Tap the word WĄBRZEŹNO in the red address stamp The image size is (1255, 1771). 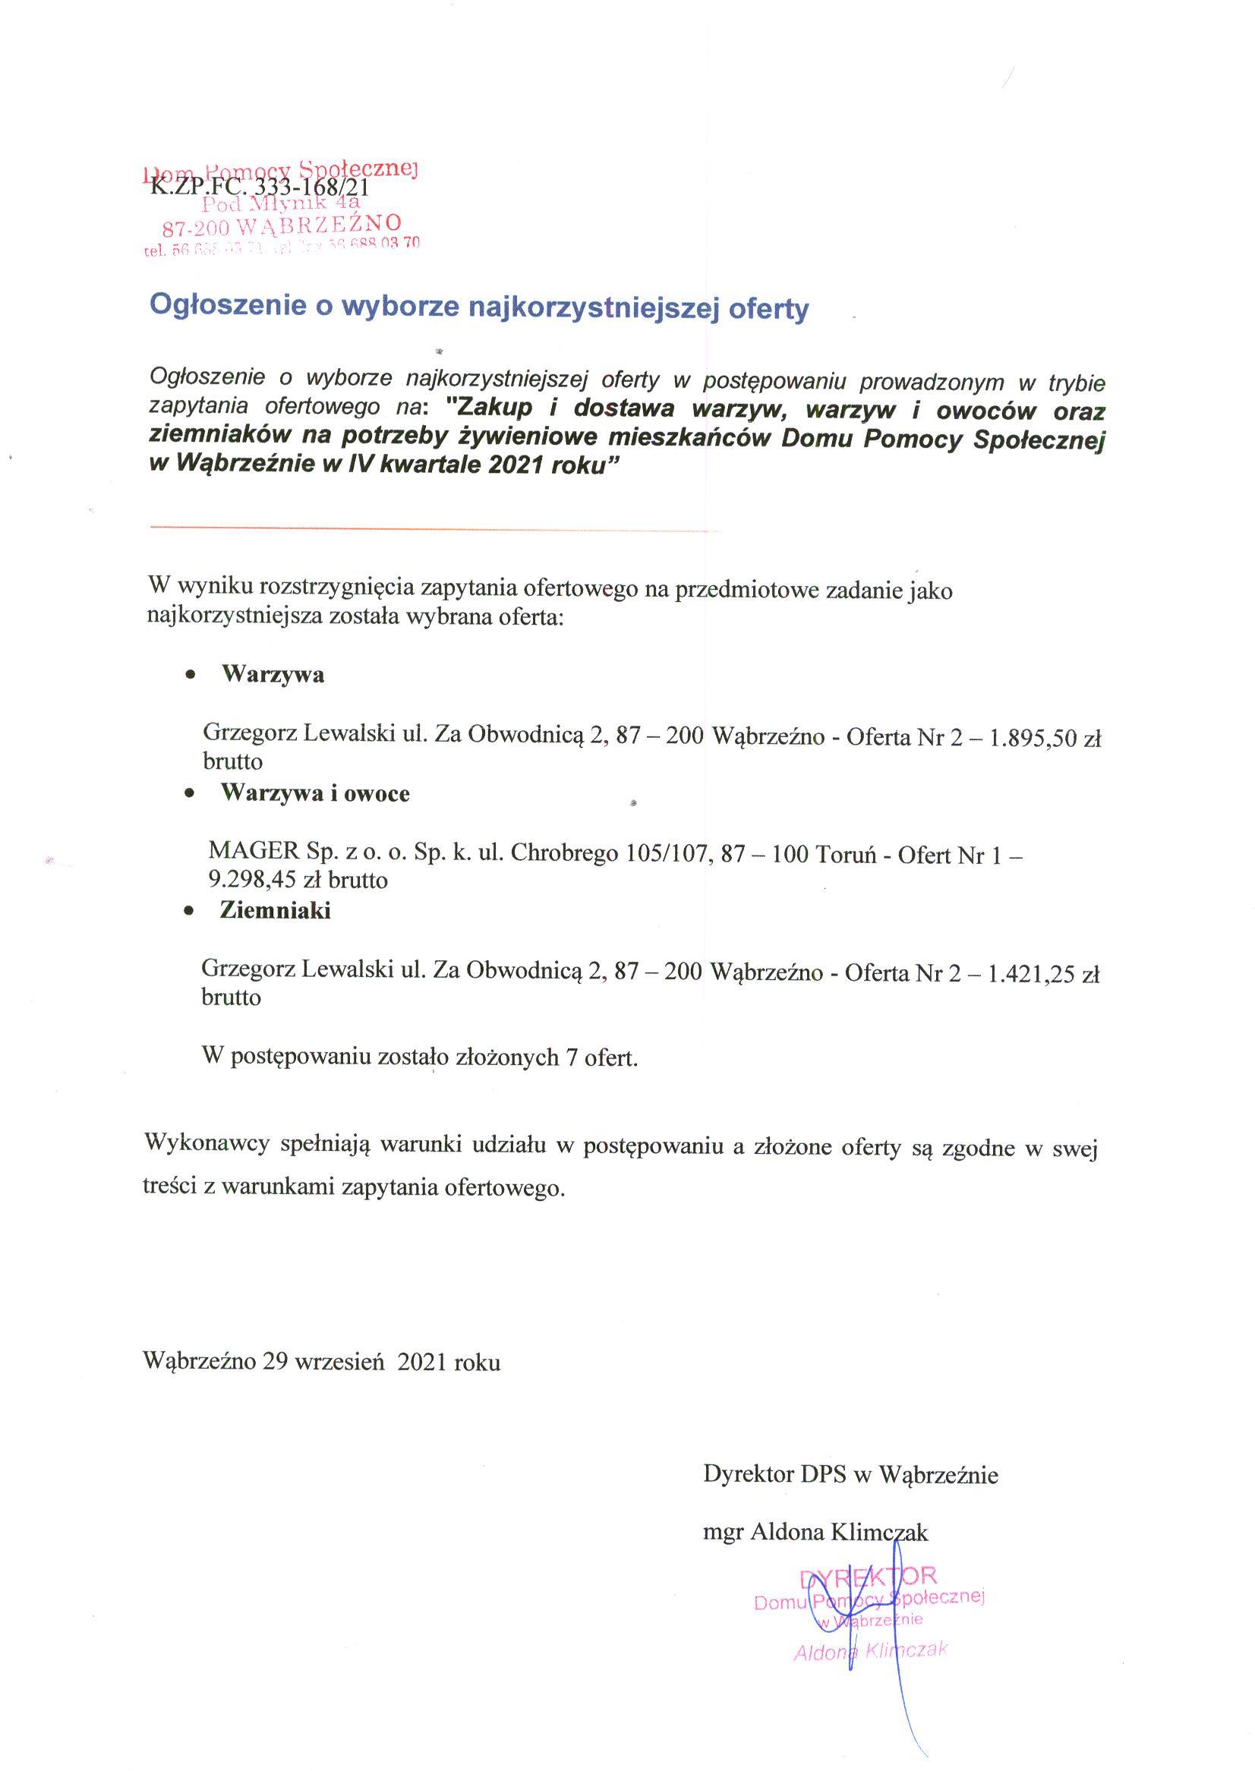(x=320, y=225)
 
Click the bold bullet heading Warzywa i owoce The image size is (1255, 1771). (x=315, y=793)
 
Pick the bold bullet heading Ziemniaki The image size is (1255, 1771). (x=275, y=910)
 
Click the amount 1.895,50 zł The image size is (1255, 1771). (x=1045, y=738)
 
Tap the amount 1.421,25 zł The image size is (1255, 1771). (x=1043, y=974)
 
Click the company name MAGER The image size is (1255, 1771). (x=254, y=852)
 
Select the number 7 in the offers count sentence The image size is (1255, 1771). (x=571, y=1056)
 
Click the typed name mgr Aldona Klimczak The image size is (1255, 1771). (x=815, y=1531)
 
